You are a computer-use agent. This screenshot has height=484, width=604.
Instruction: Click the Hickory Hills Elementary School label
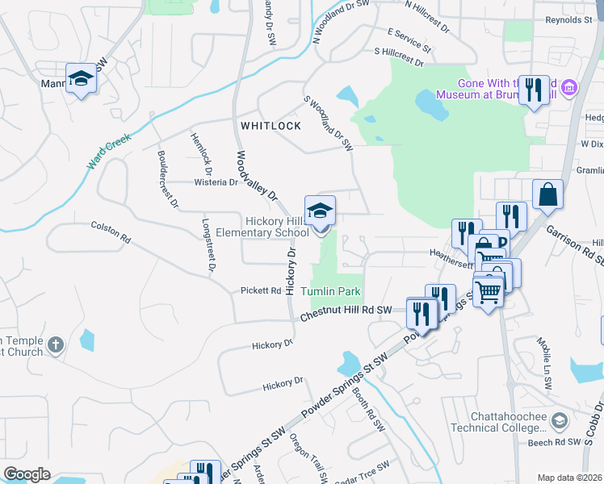click(278, 227)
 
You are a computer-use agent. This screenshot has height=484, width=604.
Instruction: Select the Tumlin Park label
click(331, 291)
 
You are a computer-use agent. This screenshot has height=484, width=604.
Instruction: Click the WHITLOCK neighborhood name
click(271, 126)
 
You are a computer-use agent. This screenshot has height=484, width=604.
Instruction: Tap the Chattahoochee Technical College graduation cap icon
click(559, 420)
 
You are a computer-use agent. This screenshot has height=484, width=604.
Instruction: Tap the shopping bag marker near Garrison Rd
click(547, 194)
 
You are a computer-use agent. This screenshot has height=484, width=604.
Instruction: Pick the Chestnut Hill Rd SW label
click(346, 311)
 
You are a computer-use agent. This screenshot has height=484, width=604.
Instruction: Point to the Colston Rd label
click(111, 232)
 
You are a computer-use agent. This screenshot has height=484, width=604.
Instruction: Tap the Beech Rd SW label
click(557, 442)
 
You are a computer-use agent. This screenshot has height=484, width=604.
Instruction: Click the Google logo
click(27, 474)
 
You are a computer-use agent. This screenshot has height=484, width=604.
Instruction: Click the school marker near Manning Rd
click(81, 78)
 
